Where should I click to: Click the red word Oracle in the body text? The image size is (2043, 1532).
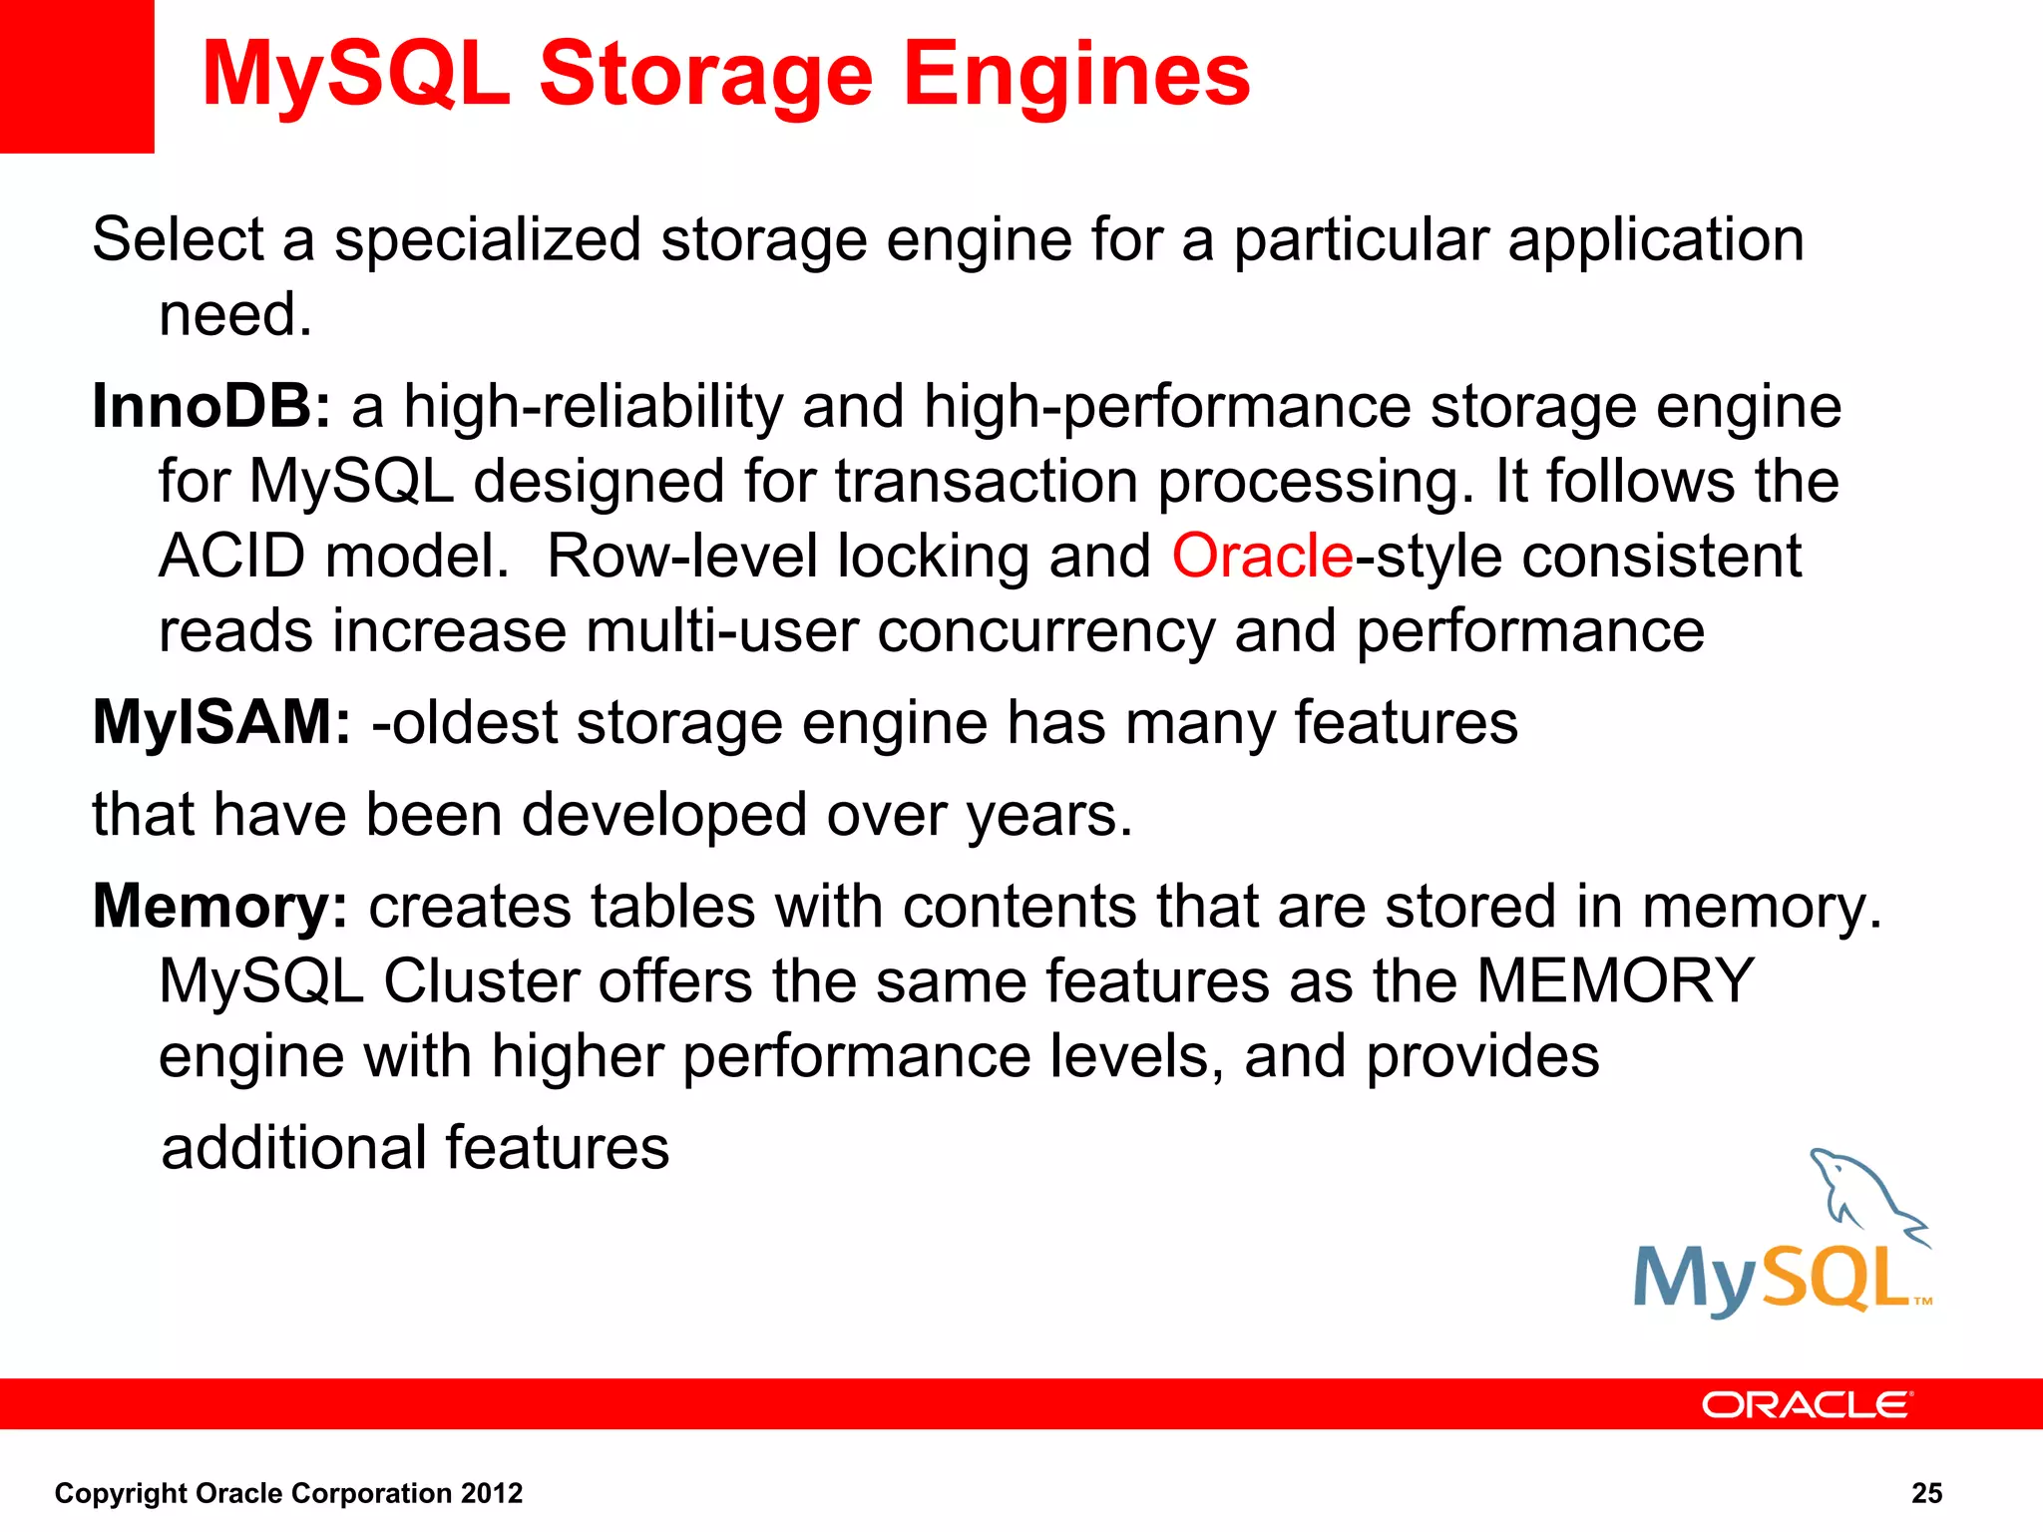tap(1262, 557)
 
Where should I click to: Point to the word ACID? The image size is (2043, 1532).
tap(231, 557)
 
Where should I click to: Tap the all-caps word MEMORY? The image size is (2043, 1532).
tap(1615, 981)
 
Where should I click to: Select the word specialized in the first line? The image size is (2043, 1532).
tap(487, 240)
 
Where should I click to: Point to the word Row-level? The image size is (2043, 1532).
tap(682, 557)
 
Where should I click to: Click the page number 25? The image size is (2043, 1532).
tap(1926, 1493)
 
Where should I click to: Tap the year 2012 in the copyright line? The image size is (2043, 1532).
tap(492, 1493)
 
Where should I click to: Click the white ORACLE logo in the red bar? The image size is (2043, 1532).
tap(1807, 1405)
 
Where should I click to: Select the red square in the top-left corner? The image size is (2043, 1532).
tap(77, 76)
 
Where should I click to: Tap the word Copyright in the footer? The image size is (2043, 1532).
tap(121, 1493)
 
